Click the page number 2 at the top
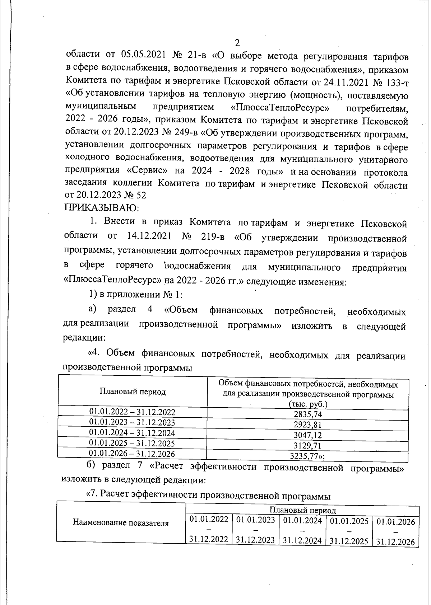(x=237, y=43)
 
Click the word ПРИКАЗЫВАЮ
(x=102, y=207)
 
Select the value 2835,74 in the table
(x=308, y=414)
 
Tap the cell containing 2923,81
(x=308, y=425)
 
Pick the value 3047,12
(x=308, y=435)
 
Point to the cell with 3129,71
(x=308, y=446)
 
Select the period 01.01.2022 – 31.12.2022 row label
(x=132, y=412)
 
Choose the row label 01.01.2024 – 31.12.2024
(x=132, y=433)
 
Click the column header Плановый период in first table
(x=133, y=392)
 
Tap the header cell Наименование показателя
(x=121, y=523)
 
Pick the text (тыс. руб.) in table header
(x=308, y=404)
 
